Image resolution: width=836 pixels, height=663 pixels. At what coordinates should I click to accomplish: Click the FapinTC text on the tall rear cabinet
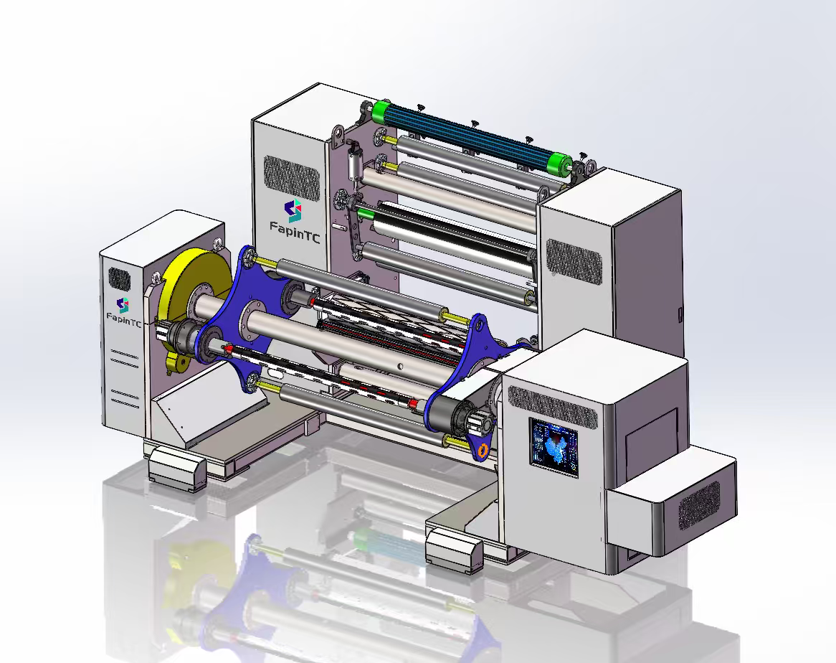(295, 232)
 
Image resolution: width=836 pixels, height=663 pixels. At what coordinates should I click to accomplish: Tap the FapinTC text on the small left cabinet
(124, 319)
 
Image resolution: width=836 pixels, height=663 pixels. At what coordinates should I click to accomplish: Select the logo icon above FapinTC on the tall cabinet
(293, 211)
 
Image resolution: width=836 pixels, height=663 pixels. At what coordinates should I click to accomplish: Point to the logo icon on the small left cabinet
(123, 304)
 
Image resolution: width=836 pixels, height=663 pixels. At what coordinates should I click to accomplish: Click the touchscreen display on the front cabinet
(554, 448)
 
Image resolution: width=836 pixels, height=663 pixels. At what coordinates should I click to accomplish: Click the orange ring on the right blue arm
(484, 450)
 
